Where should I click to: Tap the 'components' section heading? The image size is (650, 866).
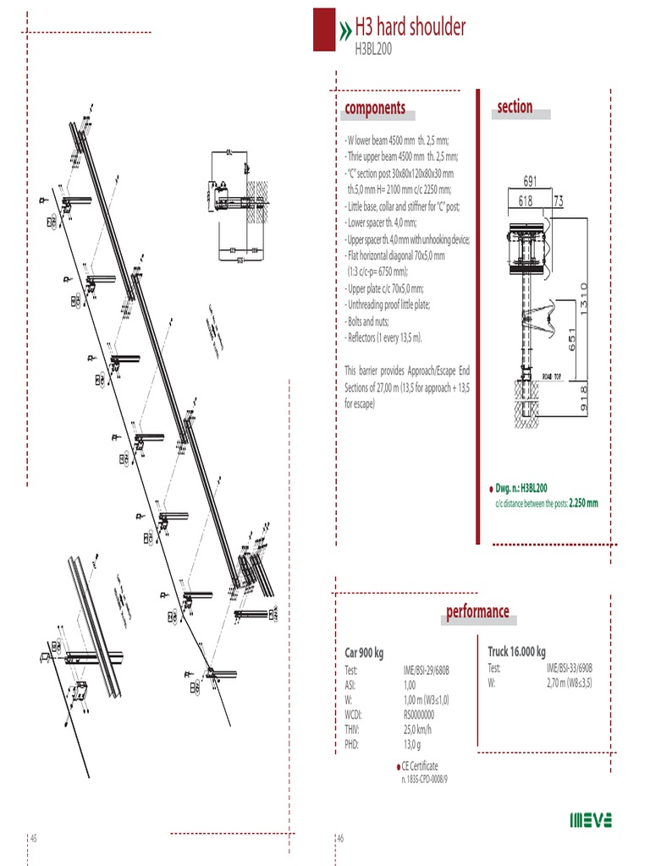click(x=374, y=108)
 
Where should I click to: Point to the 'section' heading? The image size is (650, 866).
click(x=515, y=107)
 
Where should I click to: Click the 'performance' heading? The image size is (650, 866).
click(x=477, y=611)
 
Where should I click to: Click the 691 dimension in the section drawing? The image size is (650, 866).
click(x=531, y=181)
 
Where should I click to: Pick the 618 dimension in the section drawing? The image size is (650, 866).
click(x=526, y=200)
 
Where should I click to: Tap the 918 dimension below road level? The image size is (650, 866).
click(x=583, y=398)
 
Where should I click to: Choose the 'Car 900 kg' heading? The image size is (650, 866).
click(x=364, y=653)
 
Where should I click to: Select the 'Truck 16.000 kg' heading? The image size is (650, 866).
click(x=516, y=651)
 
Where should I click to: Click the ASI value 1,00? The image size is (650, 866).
click(x=410, y=685)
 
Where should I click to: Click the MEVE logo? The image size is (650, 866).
click(x=590, y=819)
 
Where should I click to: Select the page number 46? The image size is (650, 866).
click(x=340, y=837)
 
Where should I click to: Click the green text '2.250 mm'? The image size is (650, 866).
click(x=583, y=503)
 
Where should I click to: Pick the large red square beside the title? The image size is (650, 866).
click(x=324, y=29)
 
